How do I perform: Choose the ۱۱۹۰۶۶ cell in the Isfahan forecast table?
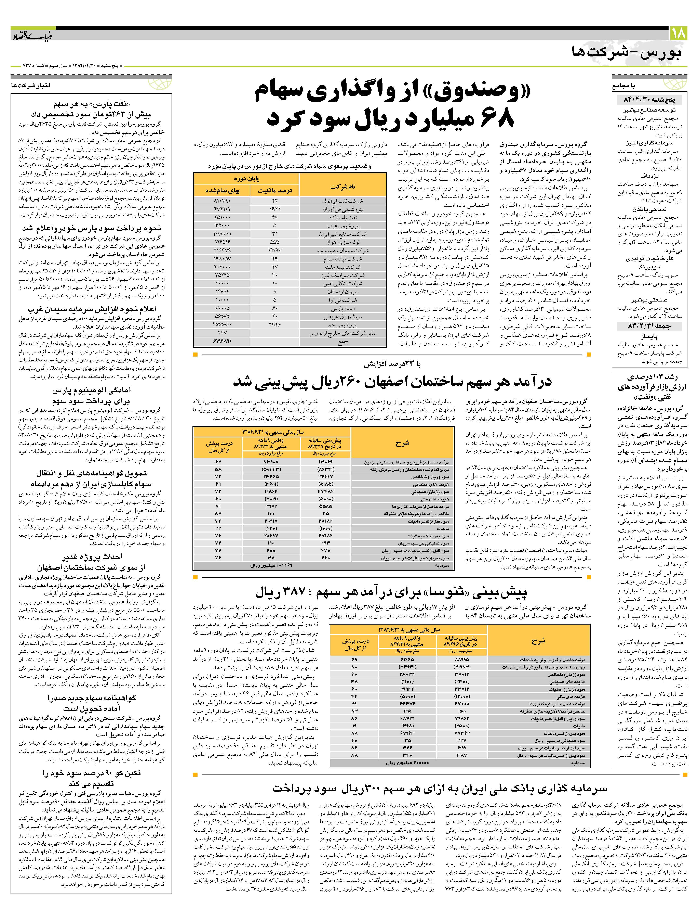tap(325, 462)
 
